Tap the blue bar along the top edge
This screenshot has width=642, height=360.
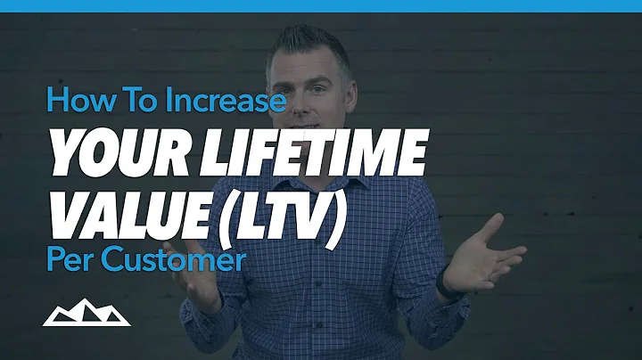[x=321, y=4]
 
